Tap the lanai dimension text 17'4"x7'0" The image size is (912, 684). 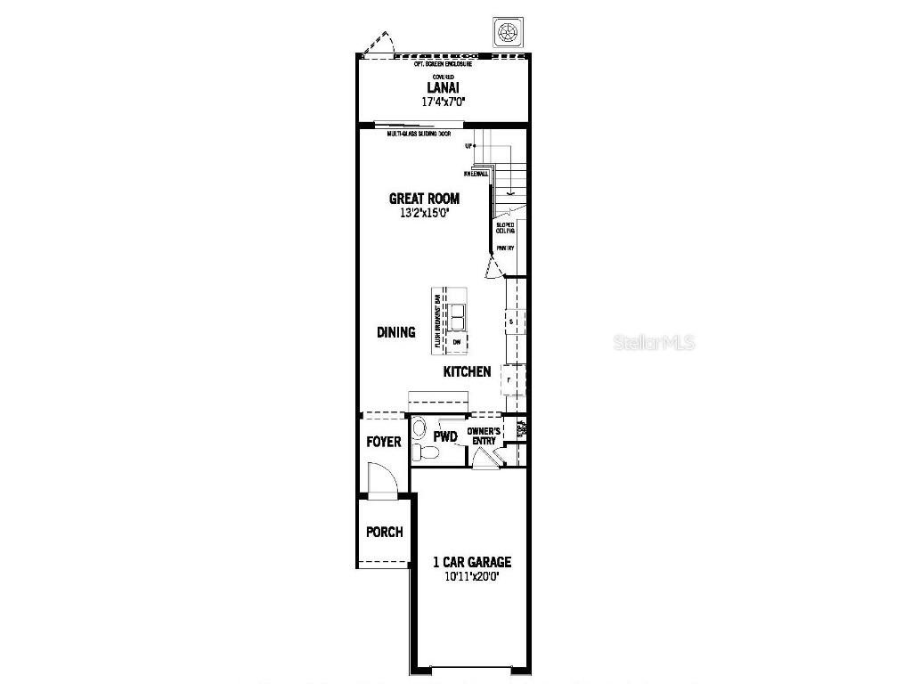[442, 102]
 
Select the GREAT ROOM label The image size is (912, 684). [424, 199]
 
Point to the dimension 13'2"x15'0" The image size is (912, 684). [424, 214]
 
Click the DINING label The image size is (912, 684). [395, 332]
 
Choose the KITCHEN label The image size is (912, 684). [467, 371]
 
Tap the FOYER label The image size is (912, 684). [384, 442]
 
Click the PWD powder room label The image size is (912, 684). [445, 436]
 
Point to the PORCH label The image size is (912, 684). [384, 532]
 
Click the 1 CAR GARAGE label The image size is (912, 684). [472, 562]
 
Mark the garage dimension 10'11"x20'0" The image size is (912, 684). [472, 576]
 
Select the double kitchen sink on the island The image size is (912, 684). [457, 316]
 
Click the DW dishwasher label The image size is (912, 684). [456, 342]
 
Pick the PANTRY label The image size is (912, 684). [505, 248]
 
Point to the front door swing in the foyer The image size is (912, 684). [381, 481]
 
